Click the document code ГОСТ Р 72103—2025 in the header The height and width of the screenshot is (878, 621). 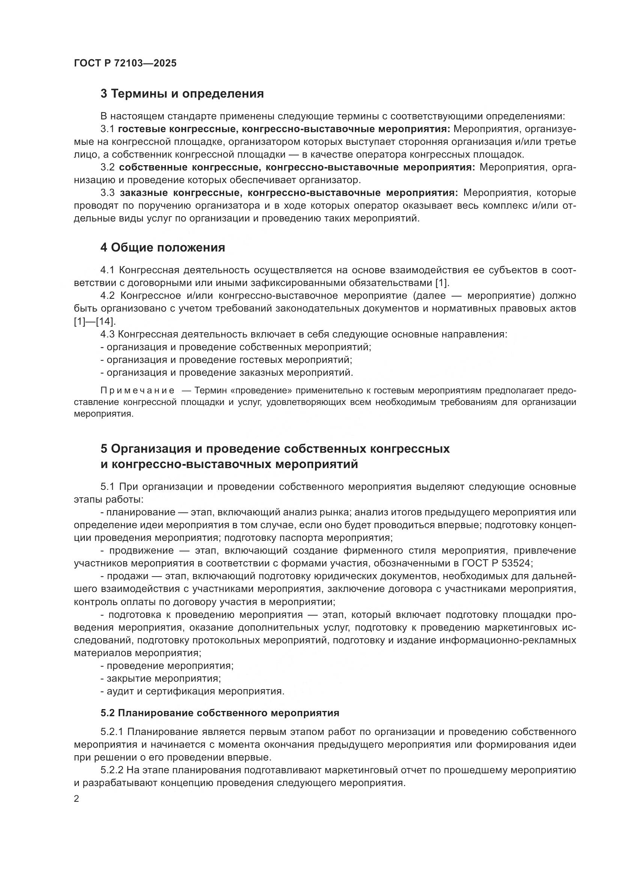[125, 63]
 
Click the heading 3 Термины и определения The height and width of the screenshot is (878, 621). [182, 94]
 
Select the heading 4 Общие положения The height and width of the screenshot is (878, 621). [163, 247]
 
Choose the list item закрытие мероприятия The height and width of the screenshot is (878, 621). [161, 679]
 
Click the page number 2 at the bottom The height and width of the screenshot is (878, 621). [77, 799]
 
